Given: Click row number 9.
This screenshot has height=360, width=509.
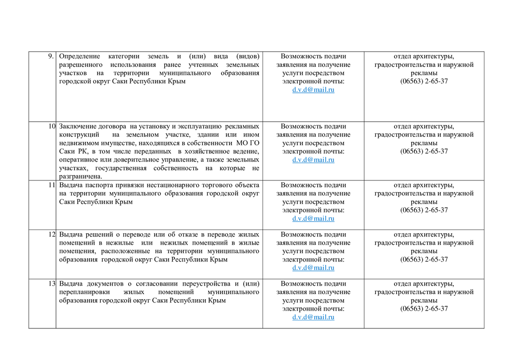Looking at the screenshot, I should point(50,57).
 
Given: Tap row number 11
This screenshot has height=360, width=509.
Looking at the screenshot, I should point(52,185).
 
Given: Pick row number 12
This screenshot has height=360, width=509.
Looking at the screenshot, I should point(52,235).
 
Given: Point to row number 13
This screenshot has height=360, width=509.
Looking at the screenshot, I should point(52,284).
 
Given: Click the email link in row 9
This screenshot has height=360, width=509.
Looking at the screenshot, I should point(313,90).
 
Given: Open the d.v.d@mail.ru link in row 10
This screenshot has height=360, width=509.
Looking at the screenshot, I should point(313,160).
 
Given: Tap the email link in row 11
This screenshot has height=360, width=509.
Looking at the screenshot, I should point(313,219).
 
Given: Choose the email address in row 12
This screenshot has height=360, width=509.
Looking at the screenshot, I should point(313,268).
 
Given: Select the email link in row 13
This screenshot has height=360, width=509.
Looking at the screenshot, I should point(313,317).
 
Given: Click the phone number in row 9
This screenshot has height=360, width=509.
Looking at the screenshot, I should point(424,81).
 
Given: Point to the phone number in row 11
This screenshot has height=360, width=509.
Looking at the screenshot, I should point(424,210).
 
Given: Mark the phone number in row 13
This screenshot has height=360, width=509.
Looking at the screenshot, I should point(424,309).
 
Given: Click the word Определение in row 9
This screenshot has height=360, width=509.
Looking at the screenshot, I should point(80,57).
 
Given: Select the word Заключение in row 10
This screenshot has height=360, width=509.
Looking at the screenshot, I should point(78,126).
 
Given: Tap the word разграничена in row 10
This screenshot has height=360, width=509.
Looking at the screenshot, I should point(80,177).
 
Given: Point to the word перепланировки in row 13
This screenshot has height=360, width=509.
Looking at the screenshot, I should point(83,292).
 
